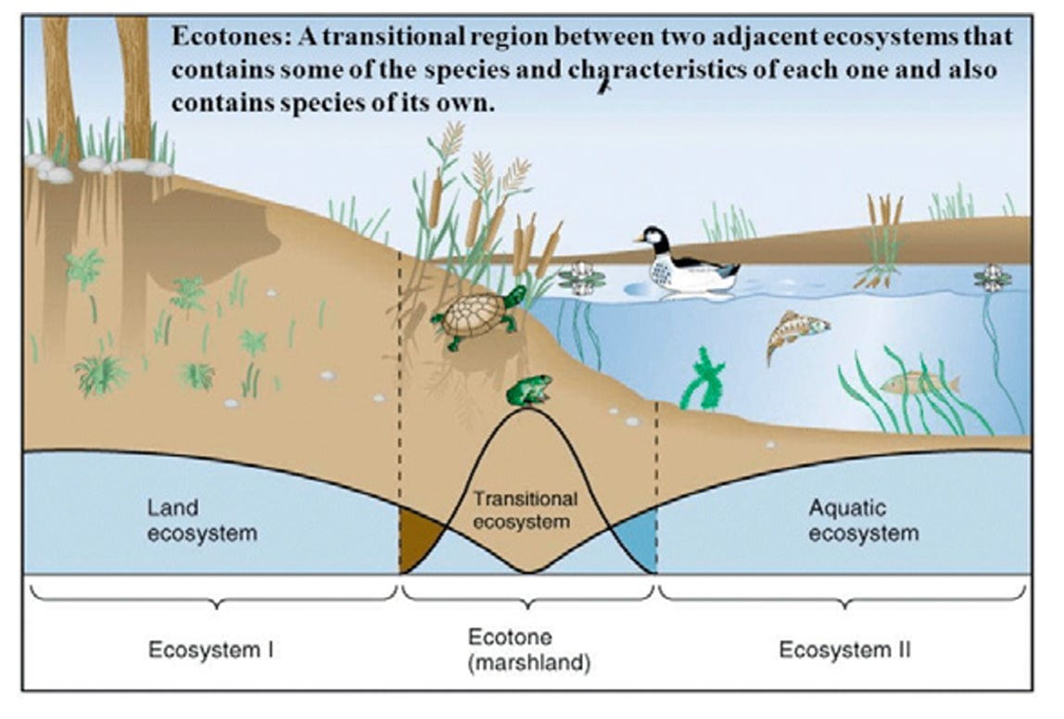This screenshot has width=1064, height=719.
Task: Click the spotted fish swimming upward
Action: coord(794,334)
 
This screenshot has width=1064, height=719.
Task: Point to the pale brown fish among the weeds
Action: coord(918,382)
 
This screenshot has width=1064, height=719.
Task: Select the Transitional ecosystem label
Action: coord(526,510)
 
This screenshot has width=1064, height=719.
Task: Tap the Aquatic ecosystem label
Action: coord(863,521)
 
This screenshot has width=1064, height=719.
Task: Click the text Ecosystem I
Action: coord(211,650)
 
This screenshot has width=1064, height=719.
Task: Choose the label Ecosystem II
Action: coord(844,650)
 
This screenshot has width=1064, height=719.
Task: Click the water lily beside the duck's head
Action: coord(581,277)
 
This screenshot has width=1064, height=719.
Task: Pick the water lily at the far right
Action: coord(993,277)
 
